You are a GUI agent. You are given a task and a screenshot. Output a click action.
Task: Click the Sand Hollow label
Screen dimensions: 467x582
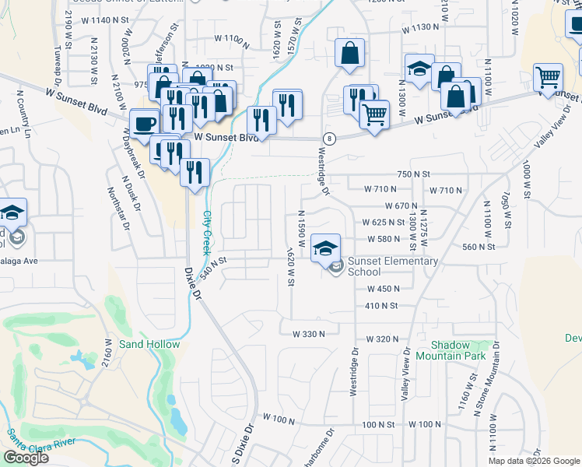pyautogui.click(x=149, y=344)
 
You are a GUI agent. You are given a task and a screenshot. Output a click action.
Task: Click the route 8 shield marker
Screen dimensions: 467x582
pyautogui.click(x=331, y=139)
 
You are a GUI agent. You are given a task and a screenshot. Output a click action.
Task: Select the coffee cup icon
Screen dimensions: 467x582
pyautogui.click(x=145, y=123)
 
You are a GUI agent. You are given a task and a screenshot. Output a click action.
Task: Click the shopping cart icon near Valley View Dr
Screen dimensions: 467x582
pyautogui.click(x=548, y=76)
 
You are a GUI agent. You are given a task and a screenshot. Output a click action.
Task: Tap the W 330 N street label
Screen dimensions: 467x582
pyautogui.click(x=308, y=333)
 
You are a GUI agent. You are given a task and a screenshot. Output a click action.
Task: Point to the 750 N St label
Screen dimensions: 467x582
pyautogui.click(x=413, y=174)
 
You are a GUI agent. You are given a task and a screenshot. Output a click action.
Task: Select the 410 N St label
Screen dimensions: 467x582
pyautogui.click(x=380, y=306)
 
